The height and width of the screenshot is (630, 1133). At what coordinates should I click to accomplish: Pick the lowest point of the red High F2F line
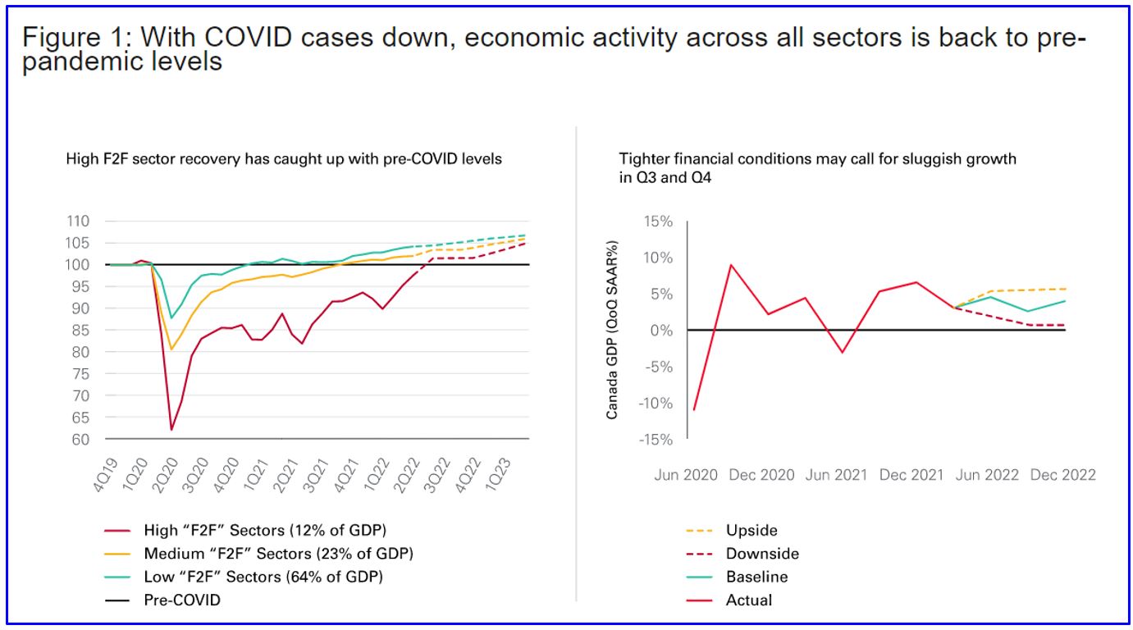[171, 429]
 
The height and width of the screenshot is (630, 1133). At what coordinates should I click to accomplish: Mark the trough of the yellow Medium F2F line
[171, 349]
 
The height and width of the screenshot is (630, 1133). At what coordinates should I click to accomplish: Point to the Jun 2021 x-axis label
[836, 475]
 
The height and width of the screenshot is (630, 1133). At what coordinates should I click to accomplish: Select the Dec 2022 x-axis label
[1062, 475]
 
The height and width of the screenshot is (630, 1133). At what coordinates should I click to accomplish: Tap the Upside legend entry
[751, 531]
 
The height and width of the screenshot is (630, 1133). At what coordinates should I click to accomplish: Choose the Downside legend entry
[761, 554]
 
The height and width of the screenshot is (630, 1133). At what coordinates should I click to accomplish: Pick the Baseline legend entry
[756, 577]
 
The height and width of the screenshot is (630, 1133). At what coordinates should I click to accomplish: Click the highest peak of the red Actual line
[730, 265]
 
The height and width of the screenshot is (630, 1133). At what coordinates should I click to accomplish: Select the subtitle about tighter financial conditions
[817, 167]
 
